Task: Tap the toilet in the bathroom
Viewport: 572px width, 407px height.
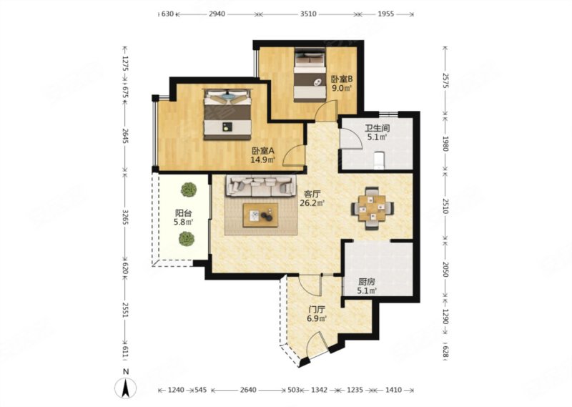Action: click(380, 161)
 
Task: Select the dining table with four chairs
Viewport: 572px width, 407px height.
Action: click(372, 208)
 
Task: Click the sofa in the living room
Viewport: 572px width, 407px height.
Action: click(261, 185)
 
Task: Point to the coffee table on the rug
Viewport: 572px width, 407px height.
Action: click(260, 215)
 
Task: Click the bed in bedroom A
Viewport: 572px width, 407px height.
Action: click(227, 114)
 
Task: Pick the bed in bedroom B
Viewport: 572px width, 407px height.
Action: click(310, 75)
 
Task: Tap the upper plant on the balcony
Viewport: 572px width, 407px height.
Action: click(189, 190)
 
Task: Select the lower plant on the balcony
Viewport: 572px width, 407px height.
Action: click(187, 239)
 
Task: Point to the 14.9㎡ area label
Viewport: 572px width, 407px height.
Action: click(262, 160)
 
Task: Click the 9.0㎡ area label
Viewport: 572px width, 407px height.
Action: click(342, 87)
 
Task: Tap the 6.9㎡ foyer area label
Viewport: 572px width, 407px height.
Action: click(317, 319)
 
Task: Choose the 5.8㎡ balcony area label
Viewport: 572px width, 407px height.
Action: click(184, 222)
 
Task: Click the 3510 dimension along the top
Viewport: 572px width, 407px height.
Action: click(308, 14)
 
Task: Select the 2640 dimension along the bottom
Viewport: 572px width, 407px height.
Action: click(248, 390)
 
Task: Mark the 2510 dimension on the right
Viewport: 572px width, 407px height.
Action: click(445, 207)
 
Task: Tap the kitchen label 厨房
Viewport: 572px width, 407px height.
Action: click(367, 282)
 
